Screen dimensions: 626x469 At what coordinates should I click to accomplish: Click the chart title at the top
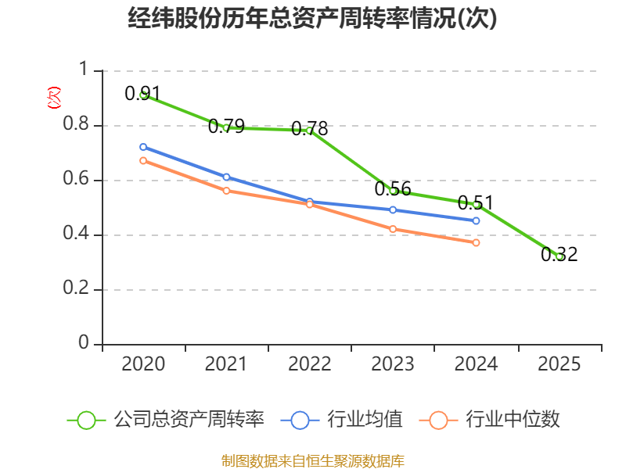312,18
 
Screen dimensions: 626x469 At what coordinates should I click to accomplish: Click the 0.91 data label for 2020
142,93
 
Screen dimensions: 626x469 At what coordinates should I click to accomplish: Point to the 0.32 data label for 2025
559,255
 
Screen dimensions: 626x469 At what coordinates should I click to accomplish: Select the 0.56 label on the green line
393,188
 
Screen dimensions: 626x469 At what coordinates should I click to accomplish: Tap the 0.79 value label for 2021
226,126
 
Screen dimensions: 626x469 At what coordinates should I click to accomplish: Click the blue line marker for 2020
143,147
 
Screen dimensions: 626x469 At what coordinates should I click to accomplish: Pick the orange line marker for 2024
476,242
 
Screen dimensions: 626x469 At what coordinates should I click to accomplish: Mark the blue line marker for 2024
476,220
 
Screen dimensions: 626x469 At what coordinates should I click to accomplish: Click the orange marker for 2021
226,191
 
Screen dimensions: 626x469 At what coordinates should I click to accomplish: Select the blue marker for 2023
393,209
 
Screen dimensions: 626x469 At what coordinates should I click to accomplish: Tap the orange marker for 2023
393,229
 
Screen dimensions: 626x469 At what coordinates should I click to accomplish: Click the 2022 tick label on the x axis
309,363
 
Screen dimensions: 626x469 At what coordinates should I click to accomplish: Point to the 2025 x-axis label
559,363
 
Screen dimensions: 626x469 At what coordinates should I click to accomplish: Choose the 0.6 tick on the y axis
76,178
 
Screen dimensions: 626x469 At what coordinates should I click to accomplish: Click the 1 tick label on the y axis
84,69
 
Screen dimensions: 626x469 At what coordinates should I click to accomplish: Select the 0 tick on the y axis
84,342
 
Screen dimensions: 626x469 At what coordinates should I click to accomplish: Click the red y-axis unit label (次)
54,98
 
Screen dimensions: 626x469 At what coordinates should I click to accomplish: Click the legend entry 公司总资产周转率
166,420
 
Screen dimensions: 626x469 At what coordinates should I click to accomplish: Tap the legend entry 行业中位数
490,420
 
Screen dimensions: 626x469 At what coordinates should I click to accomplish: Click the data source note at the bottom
313,460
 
